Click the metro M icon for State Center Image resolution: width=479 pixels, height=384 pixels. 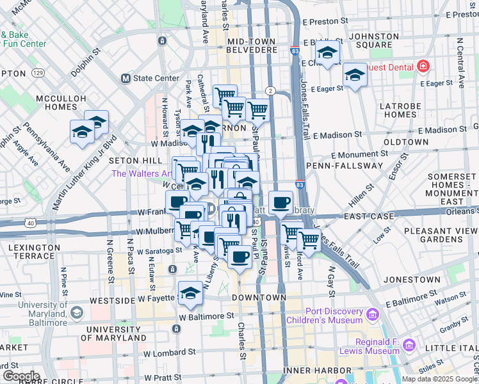(x=126, y=79)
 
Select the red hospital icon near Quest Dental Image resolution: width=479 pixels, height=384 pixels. (x=423, y=67)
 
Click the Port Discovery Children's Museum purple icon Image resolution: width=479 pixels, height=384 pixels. (x=373, y=315)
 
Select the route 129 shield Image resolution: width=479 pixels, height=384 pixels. (x=39, y=74)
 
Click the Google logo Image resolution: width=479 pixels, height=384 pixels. (x=20, y=376)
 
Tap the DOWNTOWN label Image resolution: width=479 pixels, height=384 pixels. (x=259, y=298)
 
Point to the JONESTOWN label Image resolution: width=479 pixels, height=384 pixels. (x=411, y=280)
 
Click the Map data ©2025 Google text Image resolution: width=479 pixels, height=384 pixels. (x=439, y=379)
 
